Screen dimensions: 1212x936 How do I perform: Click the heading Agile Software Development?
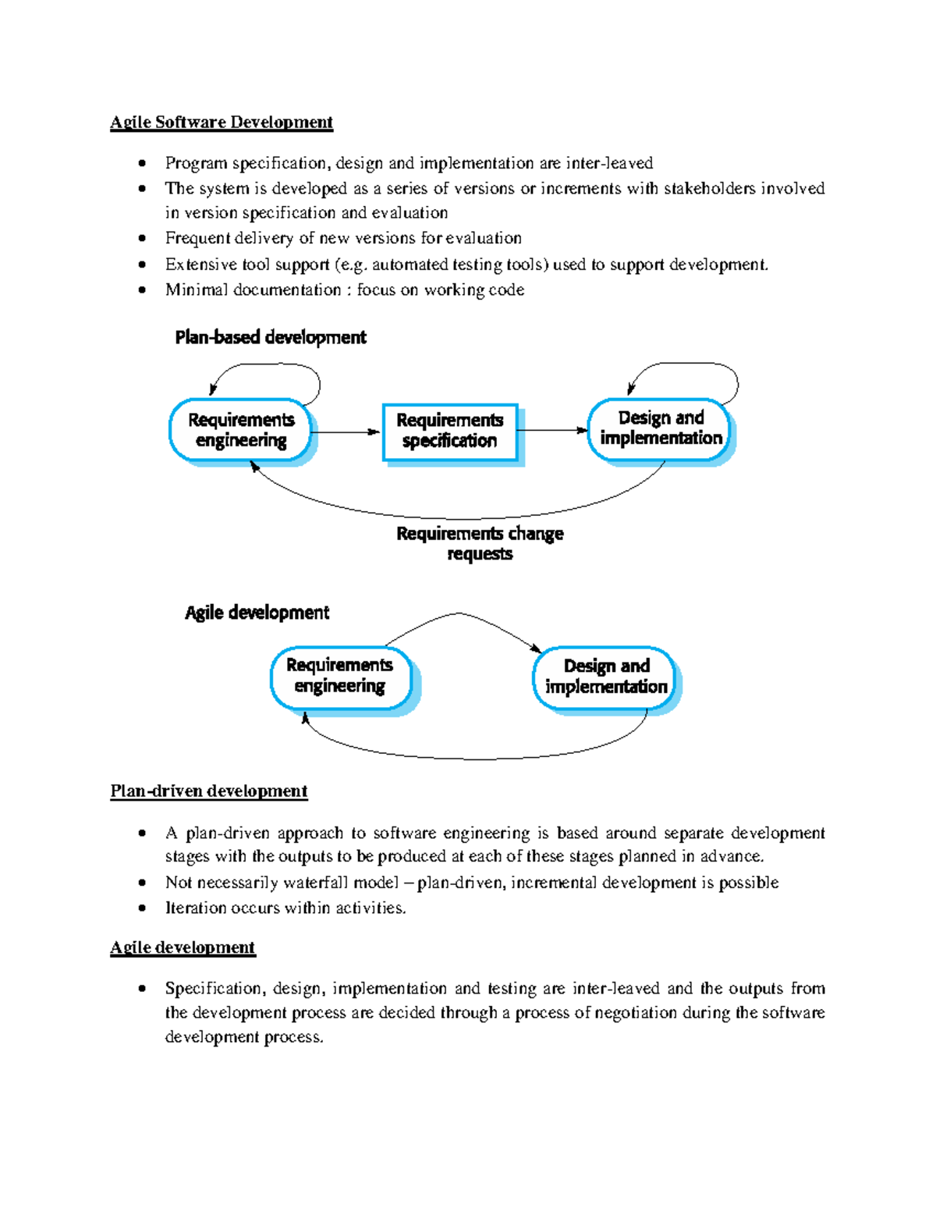coord(222,123)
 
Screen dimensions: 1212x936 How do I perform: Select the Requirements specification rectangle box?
coord(449,432)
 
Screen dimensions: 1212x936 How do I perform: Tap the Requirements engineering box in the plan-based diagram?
coord(240,431)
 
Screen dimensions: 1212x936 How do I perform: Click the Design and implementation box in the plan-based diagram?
coord(660,429)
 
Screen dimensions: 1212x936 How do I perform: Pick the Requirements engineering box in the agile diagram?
coord(339,677)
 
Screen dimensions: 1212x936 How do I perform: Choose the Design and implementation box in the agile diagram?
coord(605,677)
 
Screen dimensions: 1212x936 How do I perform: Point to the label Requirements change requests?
coord(480,544)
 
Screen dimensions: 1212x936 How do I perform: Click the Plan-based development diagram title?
coord(271,338)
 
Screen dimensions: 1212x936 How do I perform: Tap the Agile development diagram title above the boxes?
coord(257,613)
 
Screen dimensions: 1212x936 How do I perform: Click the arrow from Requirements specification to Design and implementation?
coord(552,430)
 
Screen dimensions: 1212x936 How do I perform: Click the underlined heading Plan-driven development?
coord(209,791)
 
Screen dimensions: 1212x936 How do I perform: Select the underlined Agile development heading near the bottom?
coord(183,947)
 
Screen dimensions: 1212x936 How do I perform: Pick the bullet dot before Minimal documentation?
coord(142,290)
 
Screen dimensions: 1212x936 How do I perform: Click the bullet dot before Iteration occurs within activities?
coord(142,908)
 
